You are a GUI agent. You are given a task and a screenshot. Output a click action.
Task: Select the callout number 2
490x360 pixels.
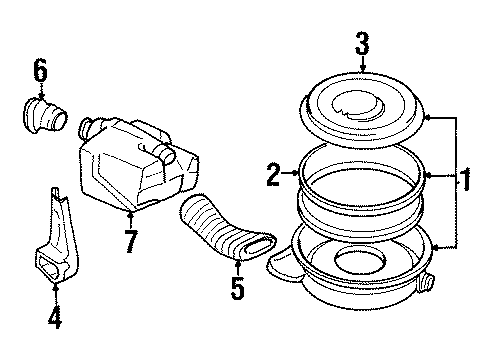pos(272,175)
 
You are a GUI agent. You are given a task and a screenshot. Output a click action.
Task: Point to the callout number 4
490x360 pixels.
pos(56,321)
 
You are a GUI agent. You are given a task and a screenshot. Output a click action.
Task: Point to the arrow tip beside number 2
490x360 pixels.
pos(297,174)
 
